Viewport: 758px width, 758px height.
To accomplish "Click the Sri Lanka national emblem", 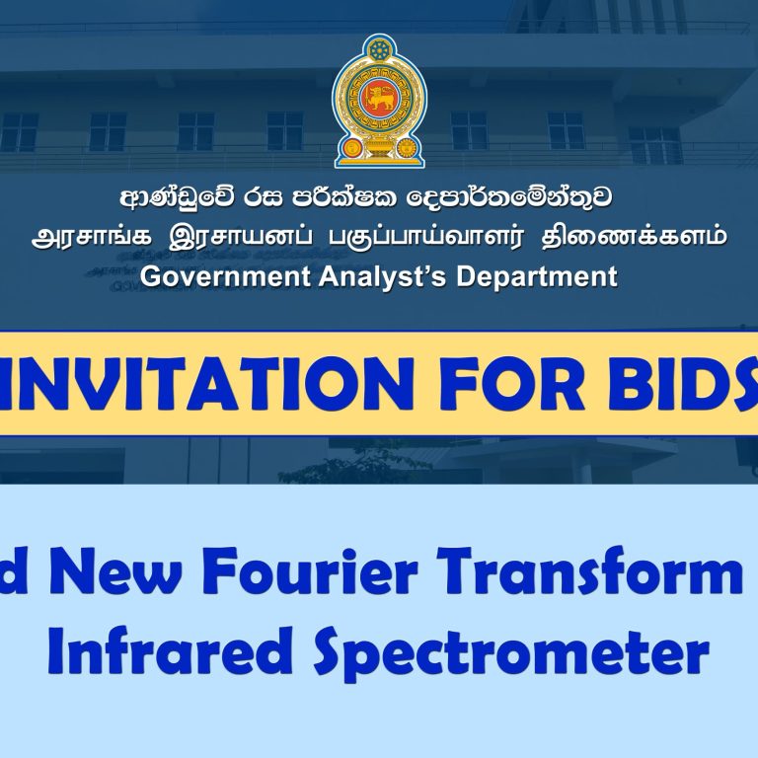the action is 379,101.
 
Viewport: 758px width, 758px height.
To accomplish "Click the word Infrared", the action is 170,649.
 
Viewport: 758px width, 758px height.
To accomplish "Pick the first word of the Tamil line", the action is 92,237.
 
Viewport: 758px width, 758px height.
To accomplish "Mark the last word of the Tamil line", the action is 635,237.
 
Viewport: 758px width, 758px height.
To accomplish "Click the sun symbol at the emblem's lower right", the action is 407,147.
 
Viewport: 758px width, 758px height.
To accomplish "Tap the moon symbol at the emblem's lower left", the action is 352,147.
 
